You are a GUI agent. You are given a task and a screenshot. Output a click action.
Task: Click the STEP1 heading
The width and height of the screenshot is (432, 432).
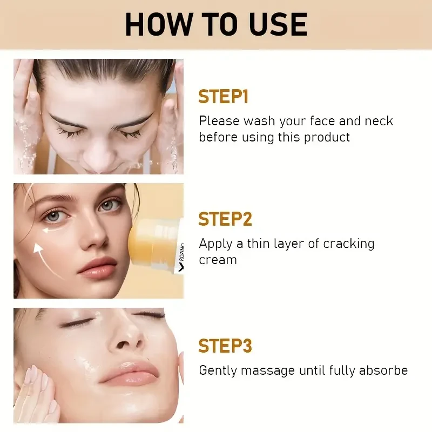pos(223,97)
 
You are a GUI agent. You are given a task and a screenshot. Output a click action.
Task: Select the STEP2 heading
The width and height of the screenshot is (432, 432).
pos(225,219)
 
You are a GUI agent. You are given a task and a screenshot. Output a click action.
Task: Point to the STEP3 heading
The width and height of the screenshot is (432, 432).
pos(225,346)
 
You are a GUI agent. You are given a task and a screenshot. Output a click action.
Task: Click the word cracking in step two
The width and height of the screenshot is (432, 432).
pos(348,244)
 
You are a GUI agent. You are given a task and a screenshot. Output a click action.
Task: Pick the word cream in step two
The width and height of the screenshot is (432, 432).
pos(218,260)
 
